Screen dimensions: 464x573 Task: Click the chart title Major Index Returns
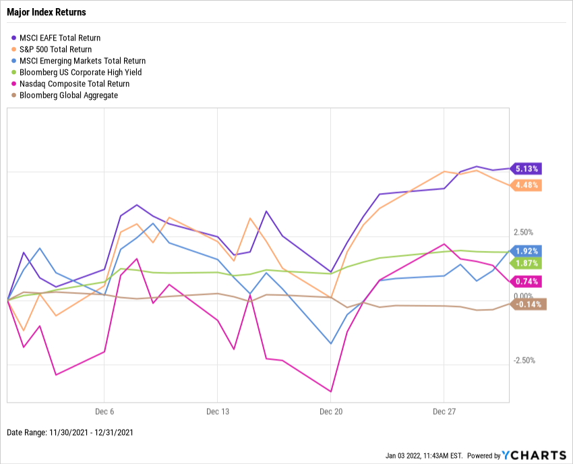point(46,13)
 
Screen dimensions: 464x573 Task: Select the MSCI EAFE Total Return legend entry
point(60,38)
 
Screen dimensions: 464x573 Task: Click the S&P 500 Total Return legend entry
point(57,49)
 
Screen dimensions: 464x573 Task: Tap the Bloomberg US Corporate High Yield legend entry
point(80,72)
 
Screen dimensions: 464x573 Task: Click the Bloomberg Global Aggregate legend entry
point(69,95)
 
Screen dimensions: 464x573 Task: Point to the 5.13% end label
point(527,169)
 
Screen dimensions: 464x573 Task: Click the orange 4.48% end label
point(527,185)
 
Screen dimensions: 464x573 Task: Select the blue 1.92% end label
point(527,251)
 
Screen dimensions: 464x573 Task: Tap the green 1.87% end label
point(527,263)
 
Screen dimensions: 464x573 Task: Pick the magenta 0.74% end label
point(527,281)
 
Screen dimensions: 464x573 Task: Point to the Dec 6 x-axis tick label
point(104,411)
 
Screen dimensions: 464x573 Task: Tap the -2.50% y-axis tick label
point(524,360)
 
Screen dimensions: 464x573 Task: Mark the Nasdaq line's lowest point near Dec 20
point(331,391)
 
